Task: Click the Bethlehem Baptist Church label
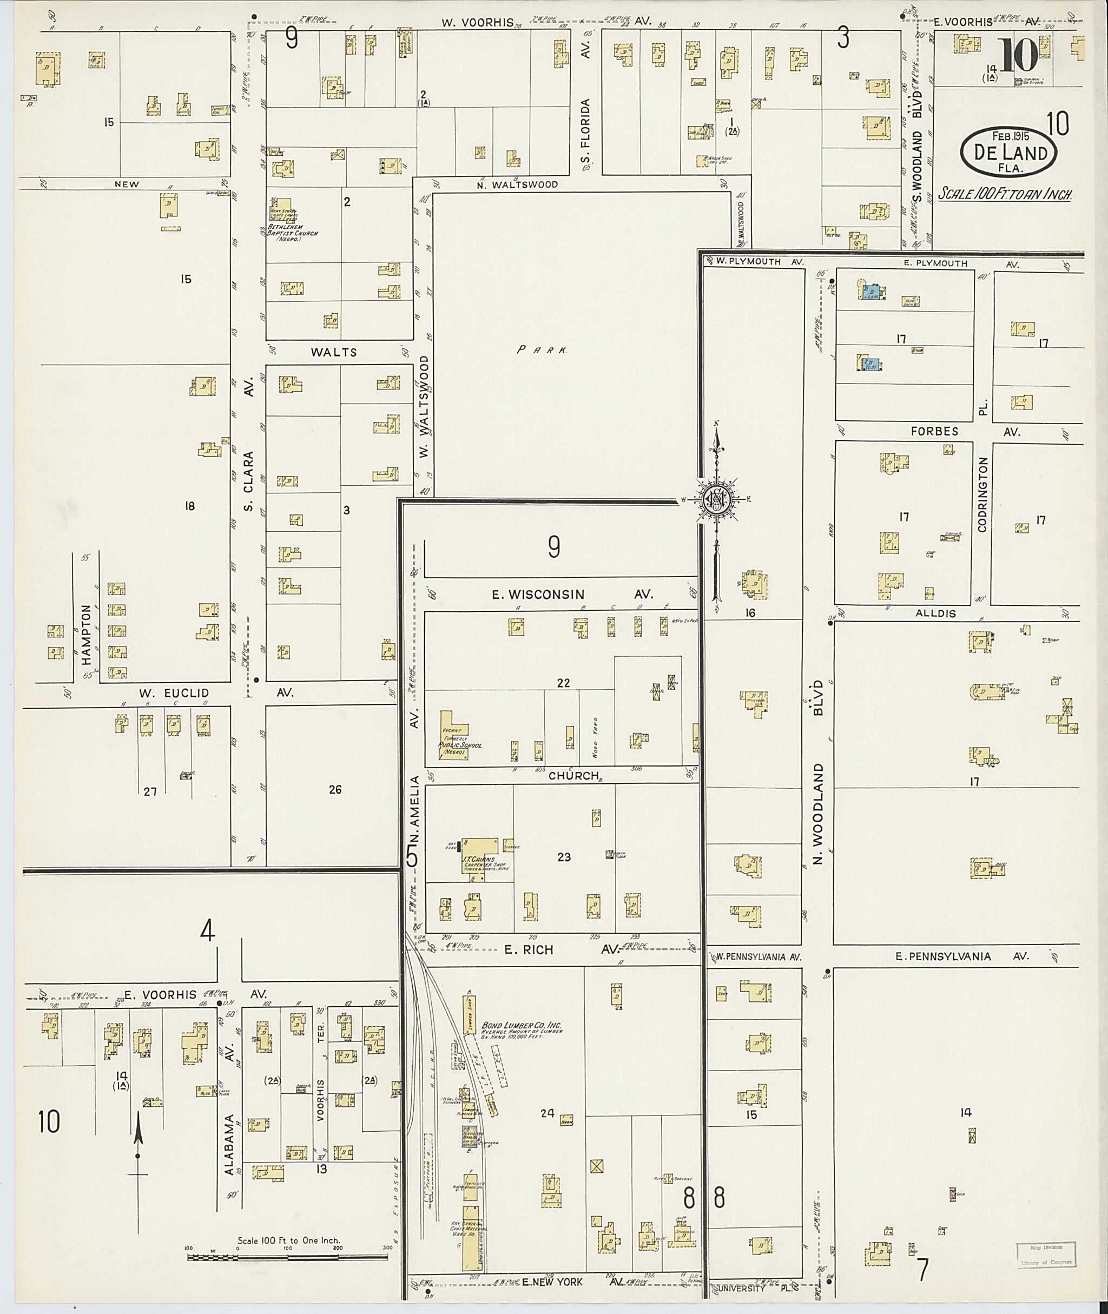click(292, 230)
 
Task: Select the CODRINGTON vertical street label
click(983, 494)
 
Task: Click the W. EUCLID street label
click(174, 693)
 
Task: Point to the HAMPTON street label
click(87, 639)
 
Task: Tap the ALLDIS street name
click(935, 613)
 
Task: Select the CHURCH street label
click(573, 776)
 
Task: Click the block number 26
click(335, 789)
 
